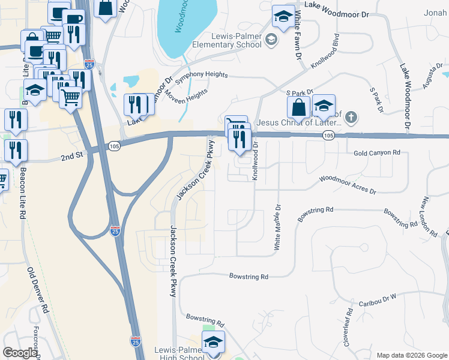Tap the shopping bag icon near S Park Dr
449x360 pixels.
(x=298, y=108)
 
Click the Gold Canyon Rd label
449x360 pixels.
(x=376, y=153)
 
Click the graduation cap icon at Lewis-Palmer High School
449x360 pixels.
(x=212, y=342)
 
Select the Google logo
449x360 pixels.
(x=20, y=353)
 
